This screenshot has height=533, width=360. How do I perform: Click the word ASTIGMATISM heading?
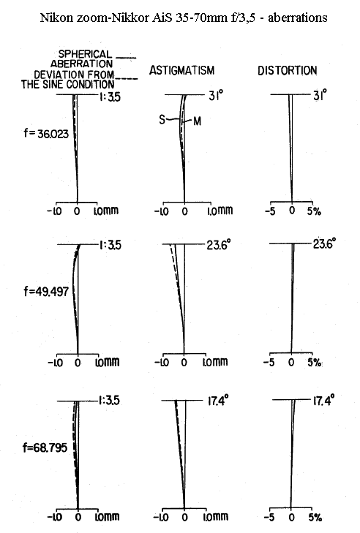pos(182,70)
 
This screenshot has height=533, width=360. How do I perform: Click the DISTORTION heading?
pos(287,70)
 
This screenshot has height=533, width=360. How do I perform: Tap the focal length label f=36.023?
pos(46,133)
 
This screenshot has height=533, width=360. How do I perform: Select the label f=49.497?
pos(46,291)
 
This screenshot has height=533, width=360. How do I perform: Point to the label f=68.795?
pos(45,447)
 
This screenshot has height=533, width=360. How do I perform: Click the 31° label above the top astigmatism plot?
pos(216,96)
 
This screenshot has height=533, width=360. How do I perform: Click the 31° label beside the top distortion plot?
pos(320,95)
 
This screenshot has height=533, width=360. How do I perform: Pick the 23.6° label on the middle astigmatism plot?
pos(219,244)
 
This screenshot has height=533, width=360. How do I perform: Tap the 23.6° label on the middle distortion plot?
pos(324,243)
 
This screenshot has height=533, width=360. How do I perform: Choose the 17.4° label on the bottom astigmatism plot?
pos(218,401)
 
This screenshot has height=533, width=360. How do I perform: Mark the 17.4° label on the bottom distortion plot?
pos(323,400)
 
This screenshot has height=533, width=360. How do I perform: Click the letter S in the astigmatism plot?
pos(162,119)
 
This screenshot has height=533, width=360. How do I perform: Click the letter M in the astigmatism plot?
pos(197,121)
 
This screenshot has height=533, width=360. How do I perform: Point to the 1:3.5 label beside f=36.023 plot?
pos(110,97)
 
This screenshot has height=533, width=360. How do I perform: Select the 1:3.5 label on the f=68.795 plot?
pos(109,401)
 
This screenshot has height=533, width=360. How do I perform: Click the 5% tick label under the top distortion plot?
pos(315,211)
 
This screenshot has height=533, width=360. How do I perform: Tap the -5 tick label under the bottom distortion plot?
pos(269,518)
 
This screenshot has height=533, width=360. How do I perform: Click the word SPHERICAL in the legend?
pos(85,54)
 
